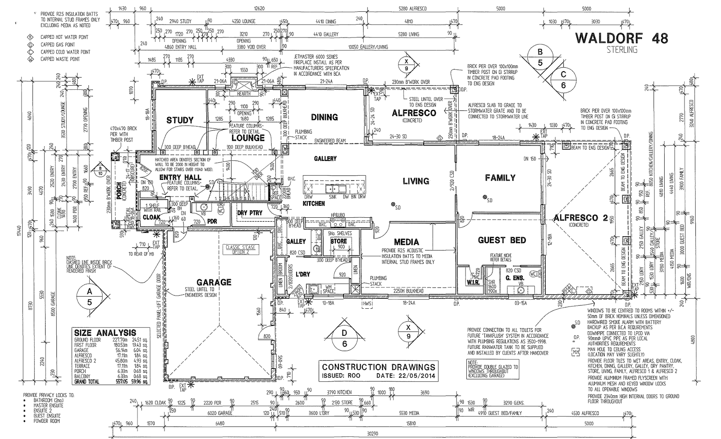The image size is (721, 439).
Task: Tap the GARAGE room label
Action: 214,282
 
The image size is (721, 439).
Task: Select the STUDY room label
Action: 180,120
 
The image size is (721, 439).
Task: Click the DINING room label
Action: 324,117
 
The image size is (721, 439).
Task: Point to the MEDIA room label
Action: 406,242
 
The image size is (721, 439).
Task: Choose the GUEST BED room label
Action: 502,240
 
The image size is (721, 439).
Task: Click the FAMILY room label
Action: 500,178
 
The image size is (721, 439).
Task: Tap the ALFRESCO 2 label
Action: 580,218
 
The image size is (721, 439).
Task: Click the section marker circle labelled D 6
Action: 344,338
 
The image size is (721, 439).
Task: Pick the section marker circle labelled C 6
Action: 563,80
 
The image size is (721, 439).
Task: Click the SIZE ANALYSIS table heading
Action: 104,333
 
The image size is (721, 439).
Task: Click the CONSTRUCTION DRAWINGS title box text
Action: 378,367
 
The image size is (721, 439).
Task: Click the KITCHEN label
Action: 314,204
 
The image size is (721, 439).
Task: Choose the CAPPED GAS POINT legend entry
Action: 58,45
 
